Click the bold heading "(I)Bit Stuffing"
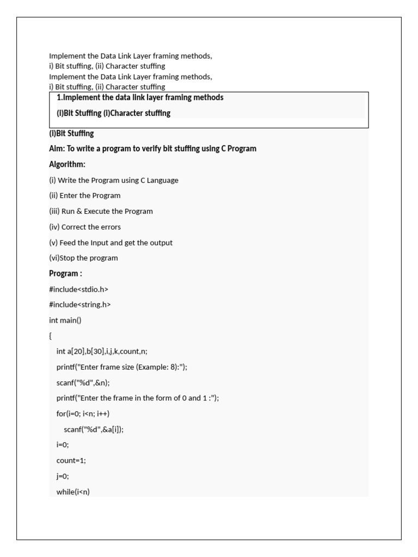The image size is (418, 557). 71,133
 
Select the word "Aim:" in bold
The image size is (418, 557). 57,148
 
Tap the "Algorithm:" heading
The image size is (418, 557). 67,164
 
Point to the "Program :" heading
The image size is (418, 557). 65,274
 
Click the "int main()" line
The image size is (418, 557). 65,320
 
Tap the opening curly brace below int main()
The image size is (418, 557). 50,336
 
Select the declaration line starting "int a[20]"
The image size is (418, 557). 102,351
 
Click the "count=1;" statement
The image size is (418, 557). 71,460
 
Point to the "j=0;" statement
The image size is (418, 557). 63,476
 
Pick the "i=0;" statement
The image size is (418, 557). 63,444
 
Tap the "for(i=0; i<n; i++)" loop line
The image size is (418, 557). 83,413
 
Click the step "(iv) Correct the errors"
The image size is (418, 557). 85,227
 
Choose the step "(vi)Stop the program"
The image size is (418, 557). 83,258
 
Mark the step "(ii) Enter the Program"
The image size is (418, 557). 85,195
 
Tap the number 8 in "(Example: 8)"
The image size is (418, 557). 177,367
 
